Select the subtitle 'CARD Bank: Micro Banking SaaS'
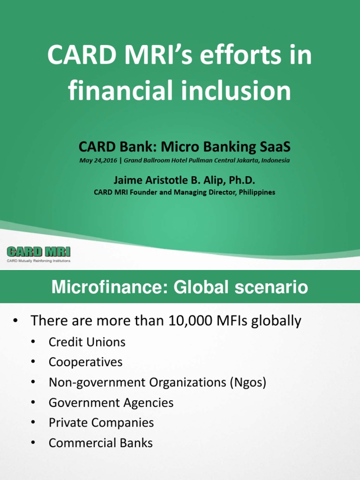184,147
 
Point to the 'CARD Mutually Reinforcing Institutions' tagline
38,261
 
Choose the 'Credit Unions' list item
87,342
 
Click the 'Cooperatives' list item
86,362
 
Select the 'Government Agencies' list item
111,403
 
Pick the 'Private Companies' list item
101,423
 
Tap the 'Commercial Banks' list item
101,443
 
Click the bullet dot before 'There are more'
15,322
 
